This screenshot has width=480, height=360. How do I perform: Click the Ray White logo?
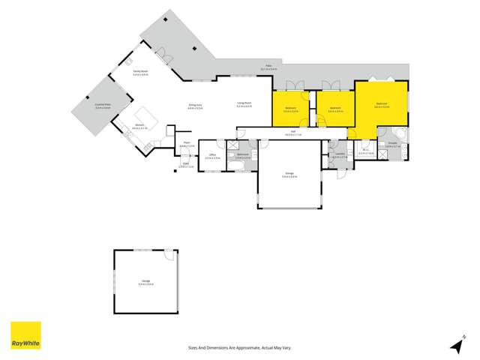[x=25, y=335]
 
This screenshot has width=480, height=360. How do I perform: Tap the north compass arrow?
[x=455, y=345]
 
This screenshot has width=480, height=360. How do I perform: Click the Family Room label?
[x=140, y=73]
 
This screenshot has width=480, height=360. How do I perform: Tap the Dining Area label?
[x=195, y=106]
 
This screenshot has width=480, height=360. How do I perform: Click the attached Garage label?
[x=289, y=175]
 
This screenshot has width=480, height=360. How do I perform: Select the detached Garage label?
[x=145, y=283]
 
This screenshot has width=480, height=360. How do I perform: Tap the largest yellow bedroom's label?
[x=381, y=105]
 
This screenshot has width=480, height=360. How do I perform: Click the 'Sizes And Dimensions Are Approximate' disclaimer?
[x=232, y=347]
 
